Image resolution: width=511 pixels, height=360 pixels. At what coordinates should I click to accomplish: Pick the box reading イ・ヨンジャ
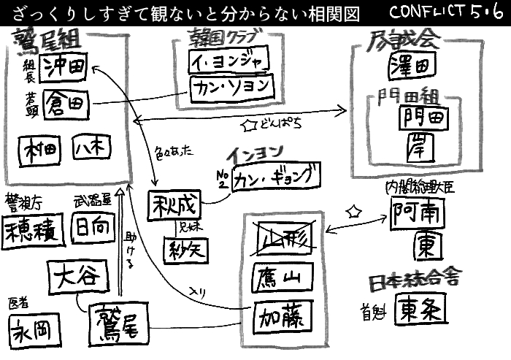tap(228, 60)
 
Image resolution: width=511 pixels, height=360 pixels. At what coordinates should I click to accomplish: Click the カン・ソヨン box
tap(232, 88)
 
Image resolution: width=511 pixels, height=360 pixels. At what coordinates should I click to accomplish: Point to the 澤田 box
tap(408, 69)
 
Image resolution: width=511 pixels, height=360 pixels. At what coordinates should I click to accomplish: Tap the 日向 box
tap(93, 229)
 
